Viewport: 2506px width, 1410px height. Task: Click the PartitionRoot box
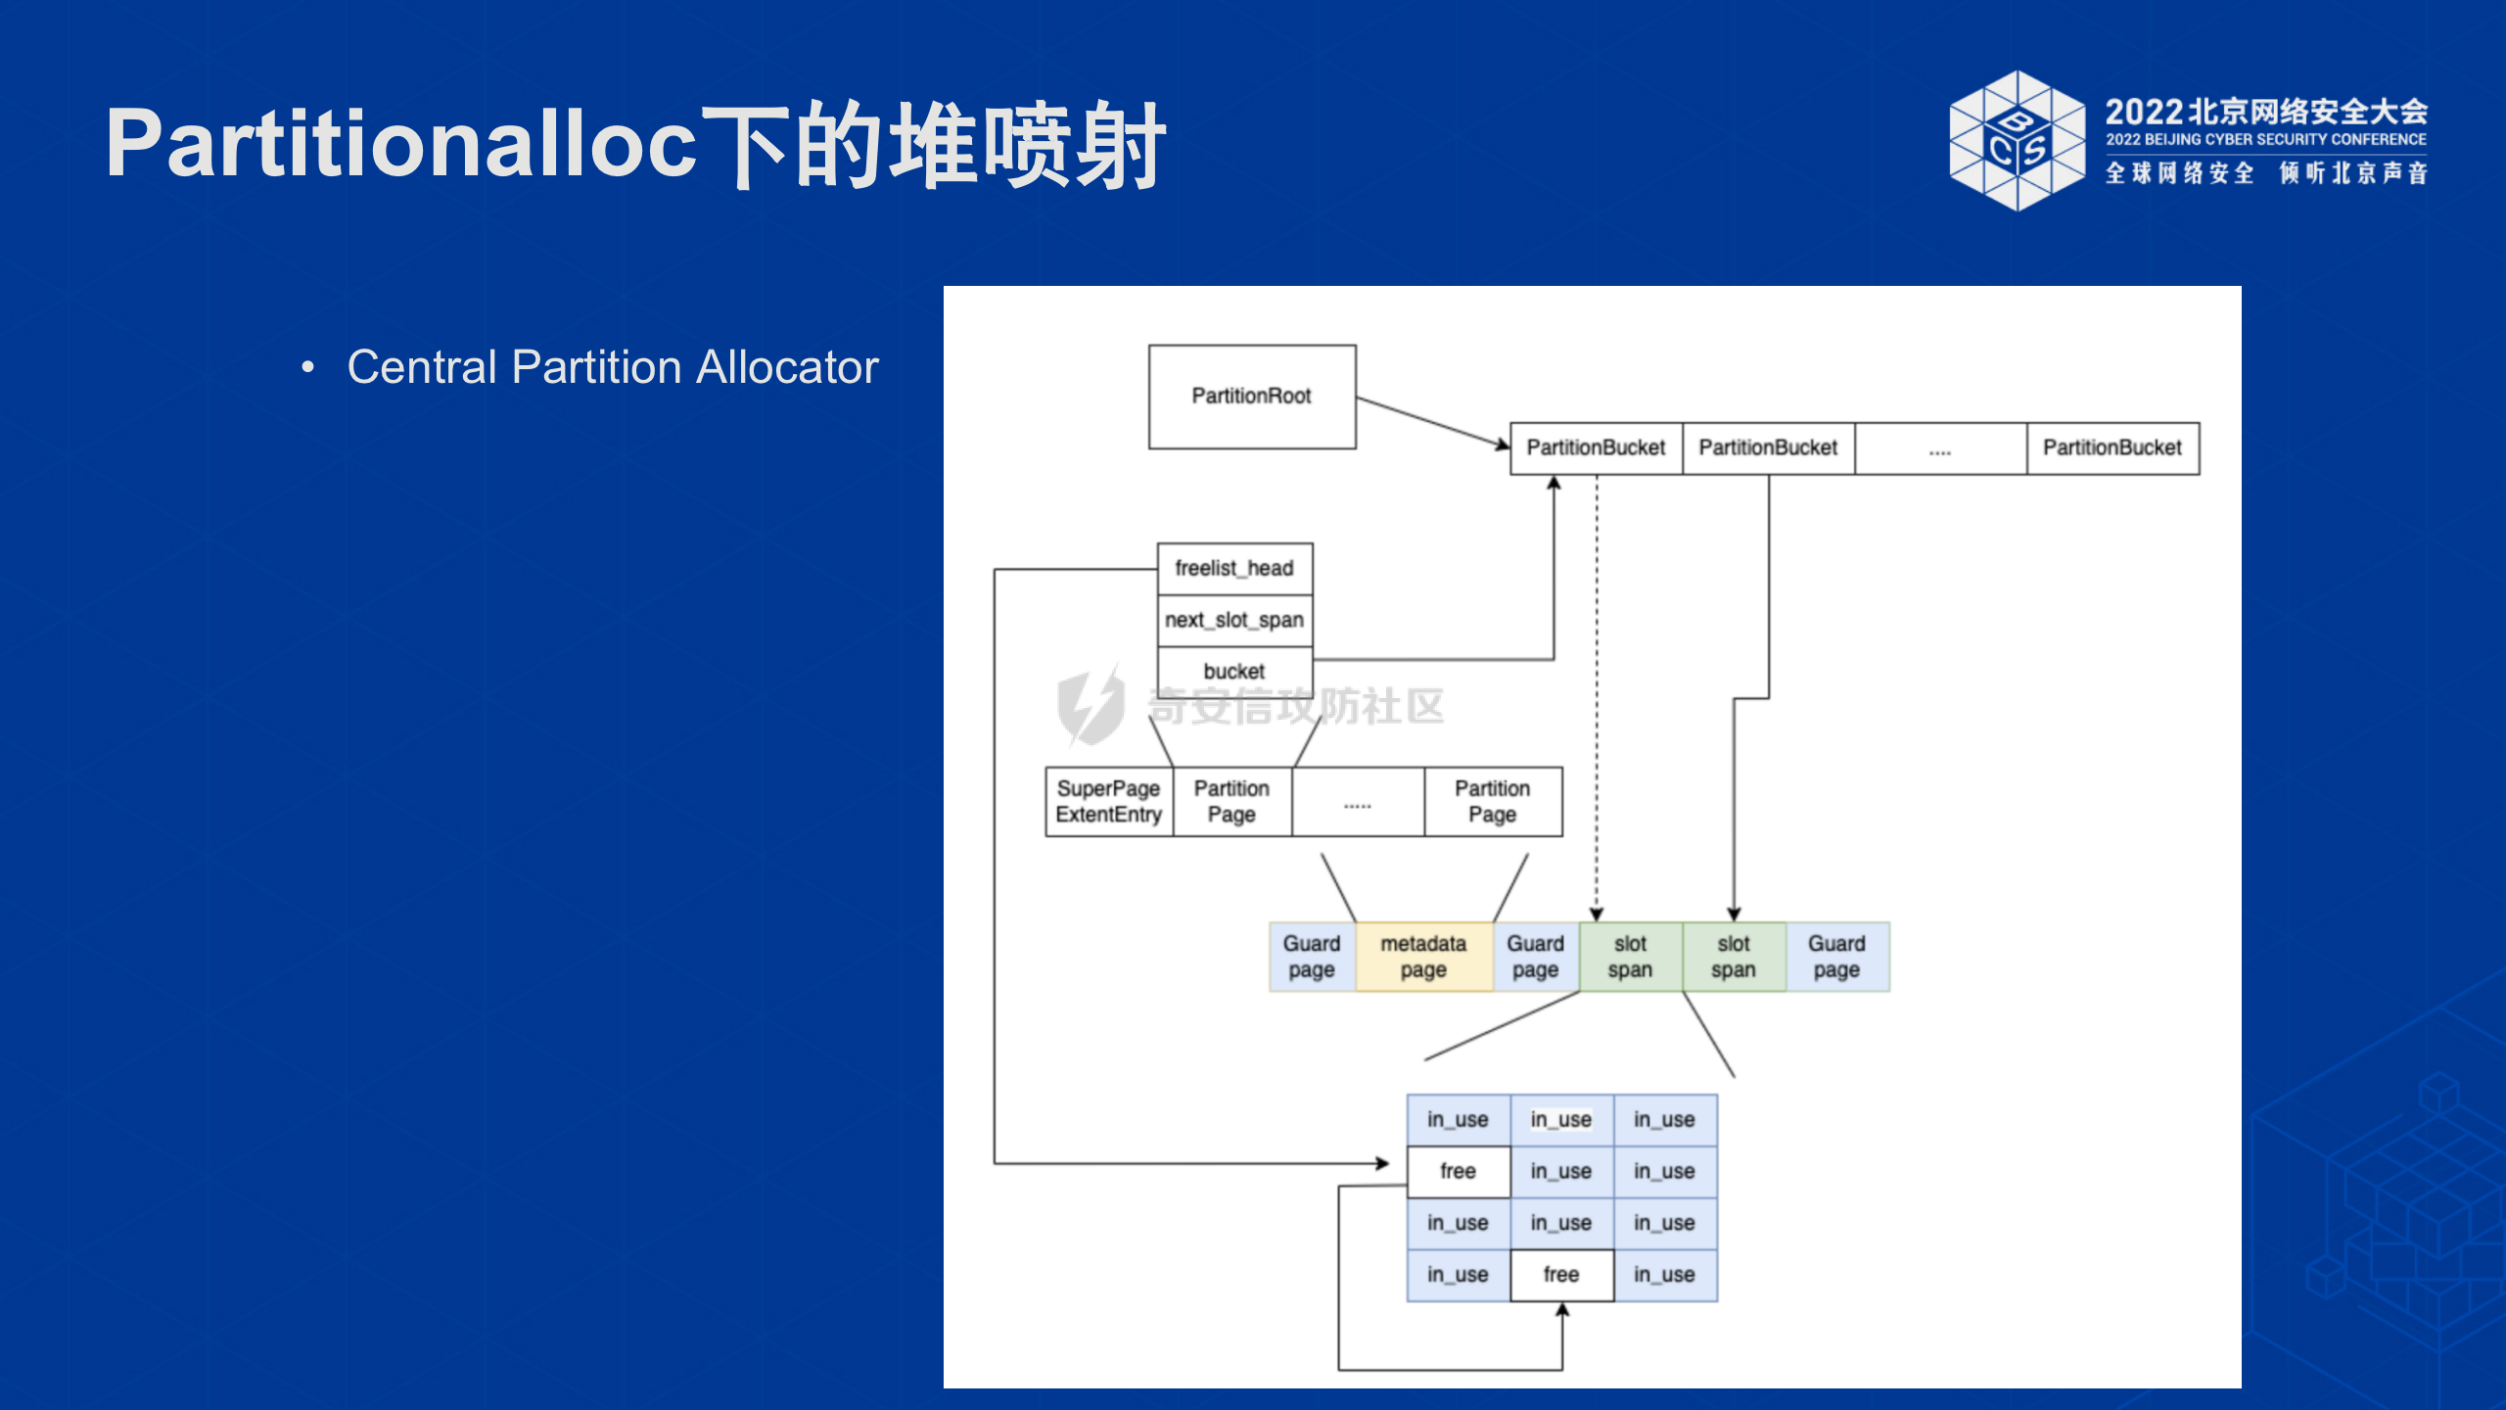1252,397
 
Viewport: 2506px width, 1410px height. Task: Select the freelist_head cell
1234,569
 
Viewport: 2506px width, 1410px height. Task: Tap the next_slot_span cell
1234,621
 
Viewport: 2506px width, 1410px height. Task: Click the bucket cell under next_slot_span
1234,672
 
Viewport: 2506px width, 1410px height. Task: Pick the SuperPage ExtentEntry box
1109,802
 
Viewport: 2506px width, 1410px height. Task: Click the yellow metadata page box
1424,957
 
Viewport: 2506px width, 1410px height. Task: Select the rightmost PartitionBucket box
2112,448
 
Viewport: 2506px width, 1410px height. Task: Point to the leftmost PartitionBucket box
1597,448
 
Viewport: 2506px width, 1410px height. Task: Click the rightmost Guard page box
1837,957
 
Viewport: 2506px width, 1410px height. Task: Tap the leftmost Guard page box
1313,957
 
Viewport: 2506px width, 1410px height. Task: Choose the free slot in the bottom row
1561,1275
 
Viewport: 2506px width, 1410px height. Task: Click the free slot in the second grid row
1459,1172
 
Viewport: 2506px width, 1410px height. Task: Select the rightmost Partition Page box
1493,802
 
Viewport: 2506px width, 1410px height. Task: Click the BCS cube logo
2017,141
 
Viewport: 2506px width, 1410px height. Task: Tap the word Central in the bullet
422,367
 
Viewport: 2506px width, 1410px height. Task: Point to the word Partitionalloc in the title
401,143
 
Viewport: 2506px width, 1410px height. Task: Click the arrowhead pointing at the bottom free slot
1562,1310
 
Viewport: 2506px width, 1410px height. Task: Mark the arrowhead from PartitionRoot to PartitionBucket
1504,446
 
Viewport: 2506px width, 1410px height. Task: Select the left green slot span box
1631,957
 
